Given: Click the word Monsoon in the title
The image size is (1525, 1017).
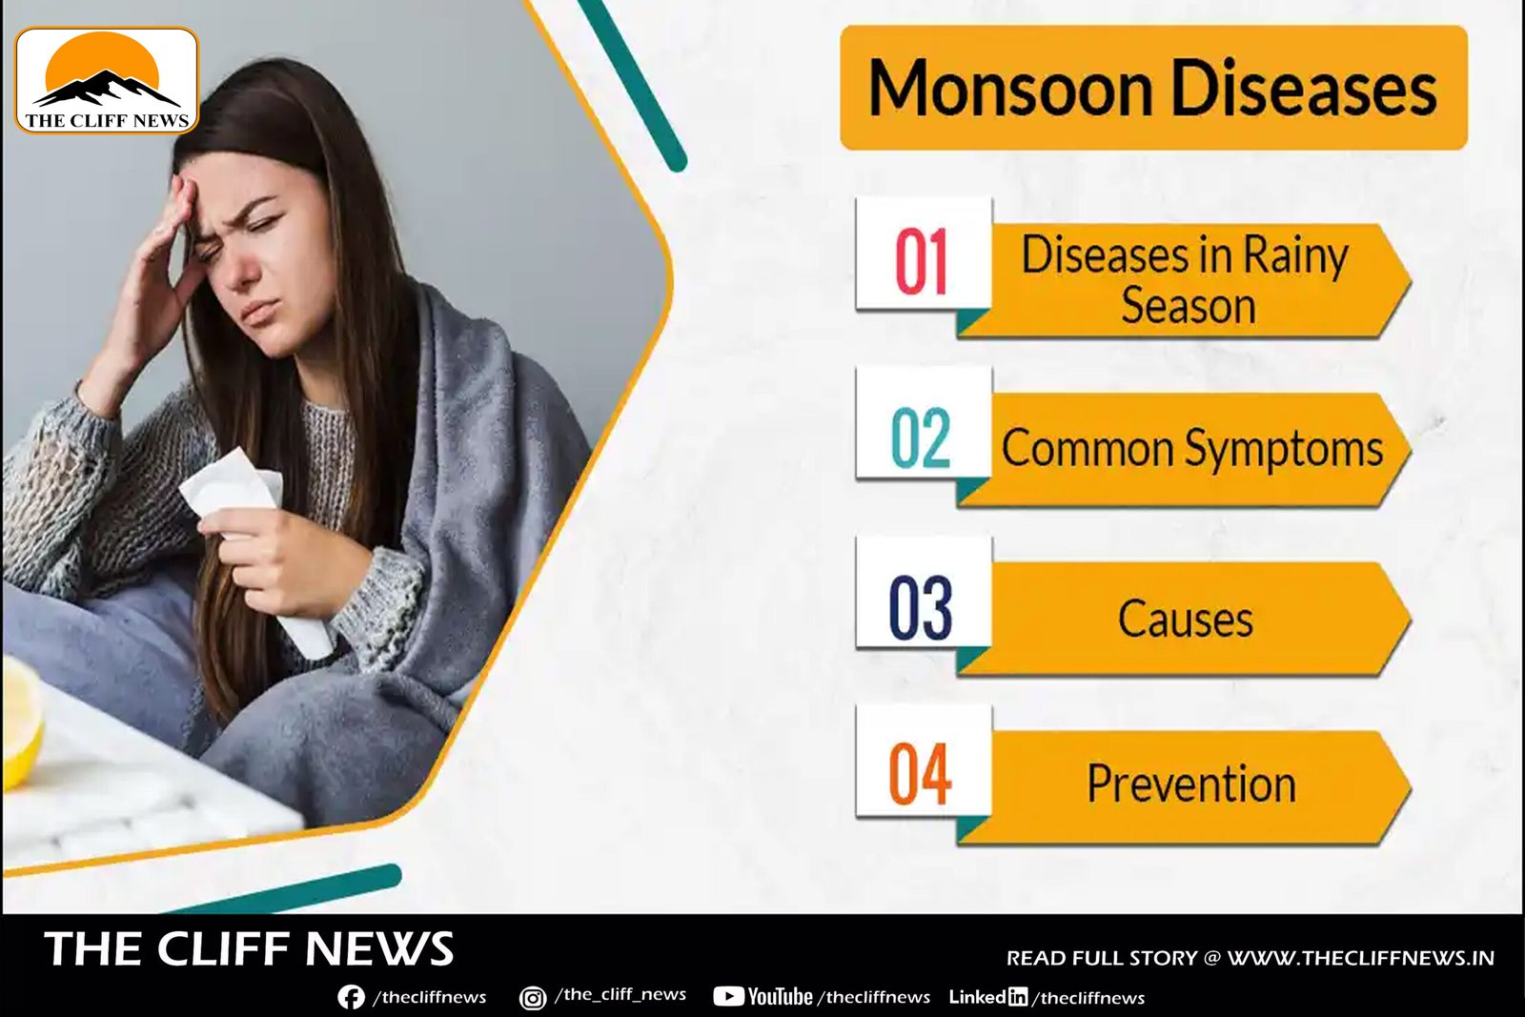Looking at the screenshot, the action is [x=1010, y=89].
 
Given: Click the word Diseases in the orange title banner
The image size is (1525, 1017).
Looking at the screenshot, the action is [x=1304, y=89].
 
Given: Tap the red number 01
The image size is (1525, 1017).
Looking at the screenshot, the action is [x=921, y=261].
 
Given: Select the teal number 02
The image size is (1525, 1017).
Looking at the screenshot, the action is [x=921, y=437].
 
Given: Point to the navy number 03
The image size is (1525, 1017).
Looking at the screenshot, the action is [x=921, y=607].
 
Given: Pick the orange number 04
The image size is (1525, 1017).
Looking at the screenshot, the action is [x=920, y=773].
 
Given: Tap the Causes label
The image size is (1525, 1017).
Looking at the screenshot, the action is [x=1186, y=619].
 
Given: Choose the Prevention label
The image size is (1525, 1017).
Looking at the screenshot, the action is [x=1191, y=783].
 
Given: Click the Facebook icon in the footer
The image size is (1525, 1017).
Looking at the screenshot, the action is [x=352, y=997].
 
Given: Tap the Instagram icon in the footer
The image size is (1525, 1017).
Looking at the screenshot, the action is [x=533, y=998].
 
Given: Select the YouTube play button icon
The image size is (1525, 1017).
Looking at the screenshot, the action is [x=728, y=997].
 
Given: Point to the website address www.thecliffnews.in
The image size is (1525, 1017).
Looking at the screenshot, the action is [x=1361, y=958].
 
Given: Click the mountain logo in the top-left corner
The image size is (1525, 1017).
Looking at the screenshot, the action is [x=107, y=80].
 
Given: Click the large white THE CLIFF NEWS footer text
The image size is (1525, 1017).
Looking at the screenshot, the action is [x=249, y=948].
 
